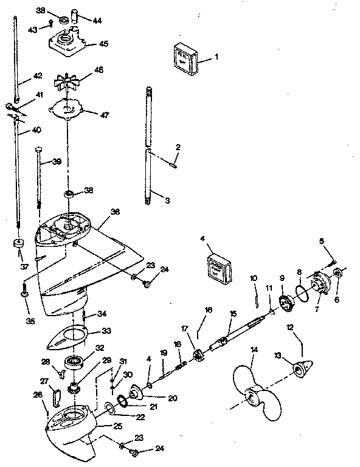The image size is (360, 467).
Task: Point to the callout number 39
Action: tap(57, 161)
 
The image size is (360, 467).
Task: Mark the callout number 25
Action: tap(117, 427)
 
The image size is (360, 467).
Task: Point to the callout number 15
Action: tap(232, 314)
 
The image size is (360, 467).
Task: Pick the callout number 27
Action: tap(44, 381)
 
